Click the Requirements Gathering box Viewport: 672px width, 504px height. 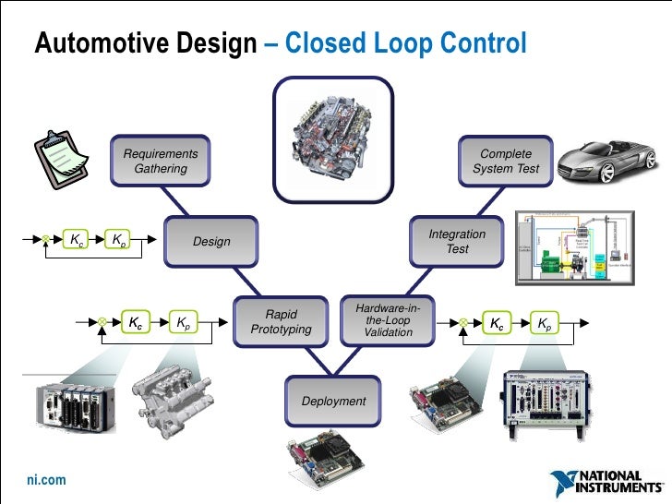coord(161,161)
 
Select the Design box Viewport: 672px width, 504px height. coord(210,242)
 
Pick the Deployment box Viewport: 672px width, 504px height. coord(333,402)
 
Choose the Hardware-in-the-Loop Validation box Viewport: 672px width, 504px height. coord(388,318)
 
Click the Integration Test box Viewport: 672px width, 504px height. coord(456,242)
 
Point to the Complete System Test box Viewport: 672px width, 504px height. coord(506,161)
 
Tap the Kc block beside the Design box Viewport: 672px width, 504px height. coord(74,241)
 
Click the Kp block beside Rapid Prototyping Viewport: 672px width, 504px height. coord(185,323)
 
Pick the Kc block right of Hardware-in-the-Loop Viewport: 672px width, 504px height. coord(497,323)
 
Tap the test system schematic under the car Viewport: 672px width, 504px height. coord(574,250)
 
